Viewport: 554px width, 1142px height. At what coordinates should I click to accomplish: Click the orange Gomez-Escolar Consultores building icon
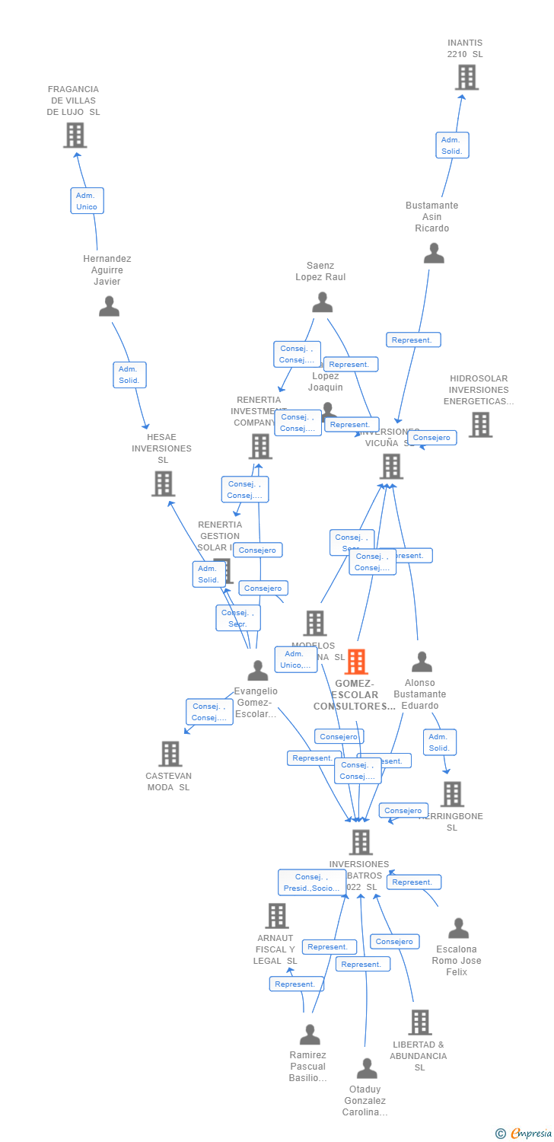click(x=355, y=662)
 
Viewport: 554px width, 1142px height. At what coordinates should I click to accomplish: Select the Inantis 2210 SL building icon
click(x=466, y=77)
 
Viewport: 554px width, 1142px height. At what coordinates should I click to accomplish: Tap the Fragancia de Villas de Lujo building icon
click(x=75, y=135)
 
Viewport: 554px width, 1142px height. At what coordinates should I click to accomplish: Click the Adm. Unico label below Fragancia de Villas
click(x=87, y=201)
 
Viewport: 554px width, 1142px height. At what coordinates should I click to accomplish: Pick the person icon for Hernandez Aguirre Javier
click(x=110, y=306)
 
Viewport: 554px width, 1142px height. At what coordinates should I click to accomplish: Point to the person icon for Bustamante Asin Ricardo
click(x=434, y=253)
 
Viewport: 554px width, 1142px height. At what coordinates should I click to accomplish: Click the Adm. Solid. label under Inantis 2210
click(x=451, y=145)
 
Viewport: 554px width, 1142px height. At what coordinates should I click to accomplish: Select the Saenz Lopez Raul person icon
click(x=322, y=302)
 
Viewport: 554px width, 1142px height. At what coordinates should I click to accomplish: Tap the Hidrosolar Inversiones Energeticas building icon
click(x=480, y=425)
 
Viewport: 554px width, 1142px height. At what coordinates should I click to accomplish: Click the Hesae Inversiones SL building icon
click(x=163, y=483)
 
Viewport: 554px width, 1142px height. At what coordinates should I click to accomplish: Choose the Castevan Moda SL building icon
click(x=170, y=754)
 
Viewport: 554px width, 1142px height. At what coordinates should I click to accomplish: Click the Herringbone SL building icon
click(x=452, y=794)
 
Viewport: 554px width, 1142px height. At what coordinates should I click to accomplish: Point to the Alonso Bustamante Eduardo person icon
click(x=422, y=662)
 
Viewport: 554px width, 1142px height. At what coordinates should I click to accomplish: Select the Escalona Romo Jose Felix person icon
click(x=458, y=928)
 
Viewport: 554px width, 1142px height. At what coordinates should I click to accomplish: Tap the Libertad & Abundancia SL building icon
click(x=419, y=1022)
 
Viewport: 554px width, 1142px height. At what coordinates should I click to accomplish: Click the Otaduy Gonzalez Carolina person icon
click(x=367, y=1068)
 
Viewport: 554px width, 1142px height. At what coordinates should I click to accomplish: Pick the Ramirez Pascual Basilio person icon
click(x=310, y=1035)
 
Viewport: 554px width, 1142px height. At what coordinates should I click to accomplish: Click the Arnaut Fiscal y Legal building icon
click(x=276, y=916)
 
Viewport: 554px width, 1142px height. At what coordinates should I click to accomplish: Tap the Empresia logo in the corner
click(x=524, y=1134)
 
